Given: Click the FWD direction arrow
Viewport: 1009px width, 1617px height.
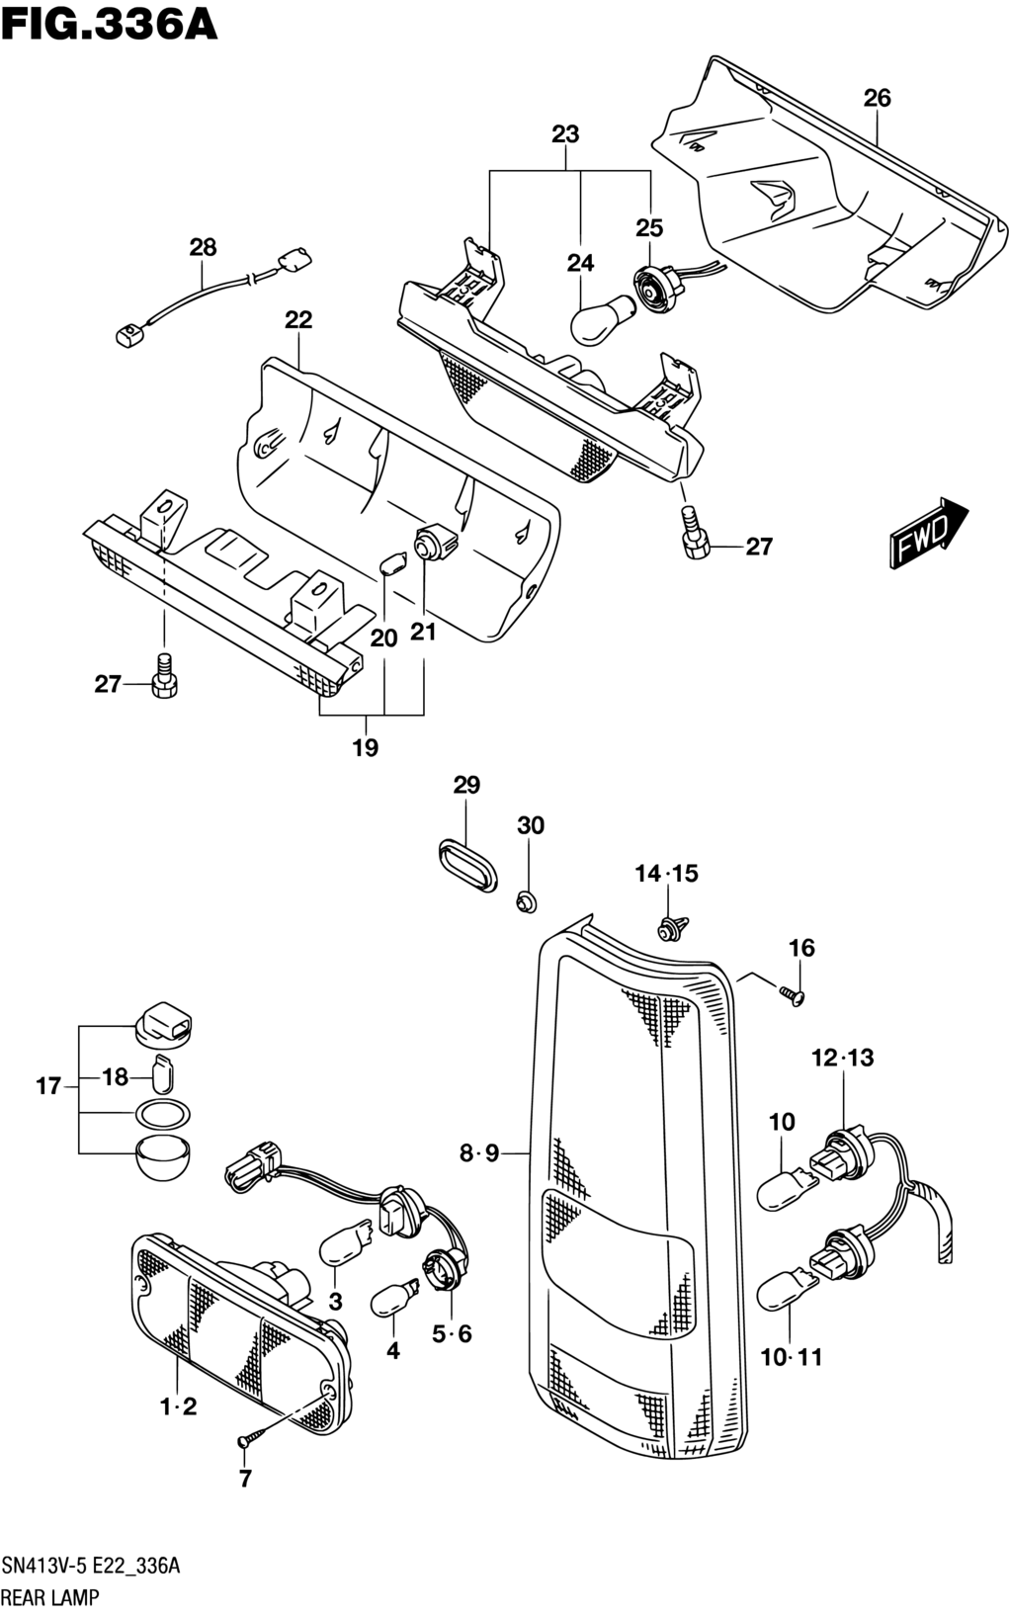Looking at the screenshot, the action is (927, 532).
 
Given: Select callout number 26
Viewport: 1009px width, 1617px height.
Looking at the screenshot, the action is (877, 98).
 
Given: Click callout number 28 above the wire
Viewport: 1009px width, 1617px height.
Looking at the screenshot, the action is (203, 248).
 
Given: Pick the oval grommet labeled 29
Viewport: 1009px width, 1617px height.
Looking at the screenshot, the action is (467, 864).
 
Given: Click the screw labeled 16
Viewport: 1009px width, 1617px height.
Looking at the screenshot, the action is (793, 995).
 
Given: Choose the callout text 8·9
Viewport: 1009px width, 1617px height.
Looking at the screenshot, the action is (479, 1153).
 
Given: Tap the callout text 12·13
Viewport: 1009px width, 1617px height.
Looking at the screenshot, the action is (842, 1058).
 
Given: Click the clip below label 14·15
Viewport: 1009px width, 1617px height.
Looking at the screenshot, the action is (675, 927).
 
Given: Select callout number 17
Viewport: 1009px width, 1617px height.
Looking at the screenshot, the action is (48, 1085).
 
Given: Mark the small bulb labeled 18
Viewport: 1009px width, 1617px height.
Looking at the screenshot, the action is (163, 1074).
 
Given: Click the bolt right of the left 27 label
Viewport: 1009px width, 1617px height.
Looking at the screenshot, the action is (165, 676).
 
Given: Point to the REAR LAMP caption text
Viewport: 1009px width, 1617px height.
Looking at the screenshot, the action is (50, 1597).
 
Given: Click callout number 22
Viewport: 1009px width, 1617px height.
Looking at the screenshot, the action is (297, 319).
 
